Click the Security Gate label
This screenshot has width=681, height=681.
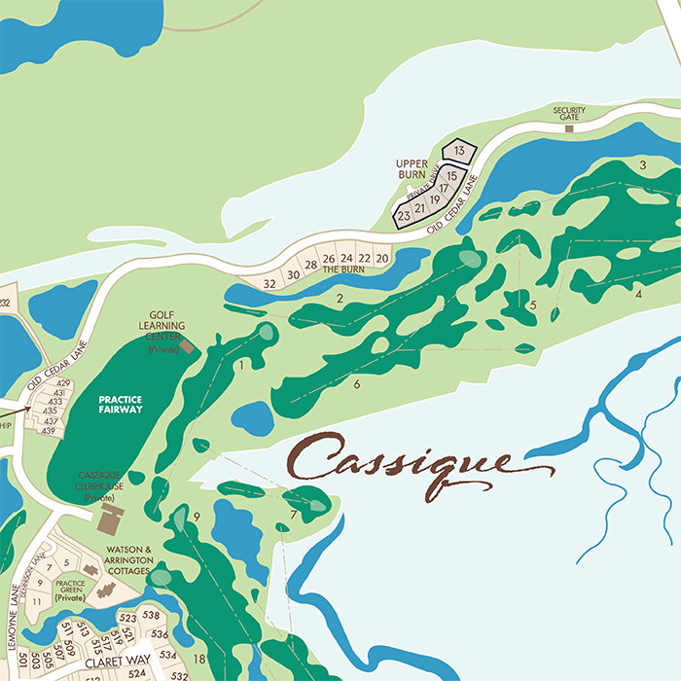click(x=569, y=113)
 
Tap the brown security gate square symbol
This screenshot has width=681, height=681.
click(x=570, y=127)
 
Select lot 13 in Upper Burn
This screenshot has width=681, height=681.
click(x=459, y=151)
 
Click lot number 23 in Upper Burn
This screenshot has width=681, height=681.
click(x=404, y=216)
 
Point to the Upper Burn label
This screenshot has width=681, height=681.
click(x=412, y=169)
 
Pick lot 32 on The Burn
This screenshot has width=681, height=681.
click(x=270, y=283)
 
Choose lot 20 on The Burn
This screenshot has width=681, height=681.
click(x=381, y=258)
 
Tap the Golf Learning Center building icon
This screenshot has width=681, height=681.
click(x=187, y=344)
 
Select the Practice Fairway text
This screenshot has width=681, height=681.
click(x=120, y=404)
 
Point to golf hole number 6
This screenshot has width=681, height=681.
click(x=357, y=384)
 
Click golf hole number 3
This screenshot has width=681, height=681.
click(x=643, y=164)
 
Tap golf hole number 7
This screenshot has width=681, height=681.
click(x=293, y=514)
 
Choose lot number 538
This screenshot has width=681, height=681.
click(x=150, y=615)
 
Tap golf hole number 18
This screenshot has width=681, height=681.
click(x=198, y=659)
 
